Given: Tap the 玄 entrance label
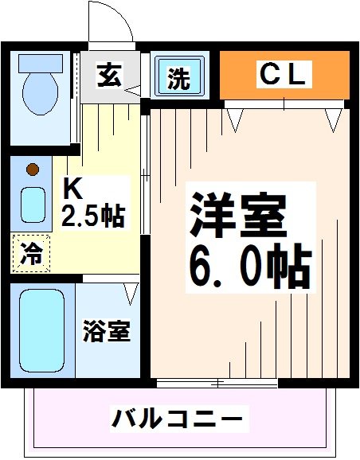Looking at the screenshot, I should pos(109,76).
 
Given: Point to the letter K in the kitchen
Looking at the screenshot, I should pos(72,189).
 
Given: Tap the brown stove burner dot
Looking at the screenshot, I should pos(32,169).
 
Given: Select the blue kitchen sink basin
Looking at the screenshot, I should pos(32,205).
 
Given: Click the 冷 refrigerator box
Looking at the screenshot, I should pos(30,254).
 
